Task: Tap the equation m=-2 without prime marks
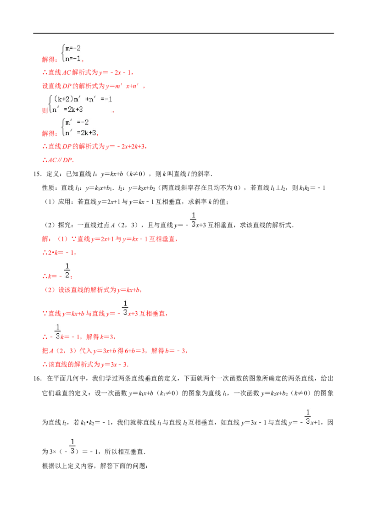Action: coord(73,48)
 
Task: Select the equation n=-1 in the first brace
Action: coord(73,59)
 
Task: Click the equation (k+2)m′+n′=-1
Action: coord(83,99)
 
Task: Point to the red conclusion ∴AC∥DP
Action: coord(58,160)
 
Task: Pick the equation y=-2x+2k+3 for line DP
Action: coord(125,146)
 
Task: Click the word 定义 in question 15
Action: coord(52,174)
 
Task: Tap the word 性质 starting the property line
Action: coord(48,188)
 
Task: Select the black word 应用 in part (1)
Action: coord(64,202)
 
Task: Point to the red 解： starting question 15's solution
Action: coord(46,239)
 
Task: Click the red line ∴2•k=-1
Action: coord(59,253)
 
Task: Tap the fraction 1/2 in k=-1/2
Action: coord(67,271)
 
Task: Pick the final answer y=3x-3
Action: coord(114,365)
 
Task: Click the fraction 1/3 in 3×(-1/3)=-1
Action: coord(72,446)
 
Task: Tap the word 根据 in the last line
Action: coord(48,466)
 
